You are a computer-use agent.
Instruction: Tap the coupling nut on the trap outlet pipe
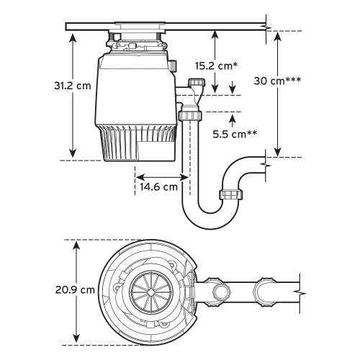tap(231, 195)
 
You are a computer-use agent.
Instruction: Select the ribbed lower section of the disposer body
tap(140, 144)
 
